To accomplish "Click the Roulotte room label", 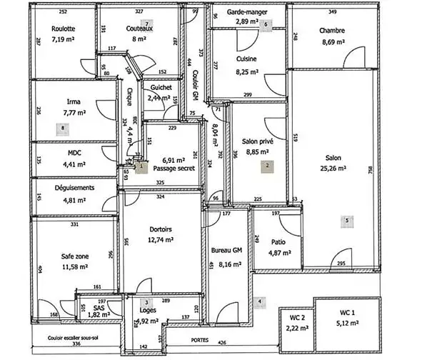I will coord(64,29).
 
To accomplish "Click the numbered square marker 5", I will coord(346,221).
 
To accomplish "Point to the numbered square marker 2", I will coord(268,165).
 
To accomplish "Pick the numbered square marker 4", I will coord(260,301).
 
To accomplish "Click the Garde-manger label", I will coord(247,13).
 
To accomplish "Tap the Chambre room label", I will coord(332,31).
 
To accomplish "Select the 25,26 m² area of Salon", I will coord(332,169).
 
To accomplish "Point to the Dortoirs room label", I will coord(161,229).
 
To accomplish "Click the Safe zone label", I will coord(75,256).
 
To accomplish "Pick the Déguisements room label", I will coord(75,188).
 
